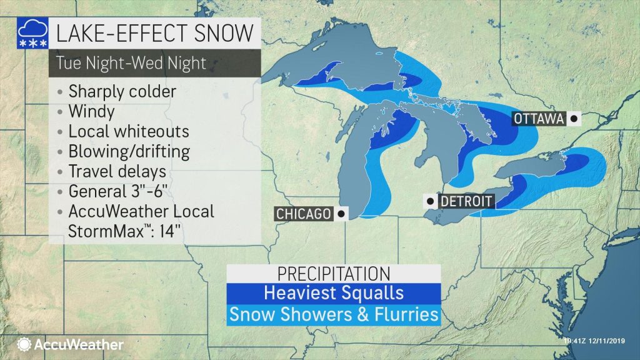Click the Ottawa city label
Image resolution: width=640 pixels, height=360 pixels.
[538, 118]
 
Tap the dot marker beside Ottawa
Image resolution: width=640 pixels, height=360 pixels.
[573, 117]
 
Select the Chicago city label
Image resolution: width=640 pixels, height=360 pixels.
[302, 214]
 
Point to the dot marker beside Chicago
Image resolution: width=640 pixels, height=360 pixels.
[341, 214]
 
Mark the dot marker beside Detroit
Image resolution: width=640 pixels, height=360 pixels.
[430, 201]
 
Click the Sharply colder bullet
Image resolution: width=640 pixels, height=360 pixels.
[122, 92]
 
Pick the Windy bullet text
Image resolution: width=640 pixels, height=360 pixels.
[92, 112]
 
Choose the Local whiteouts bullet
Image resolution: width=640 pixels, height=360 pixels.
[128, 132]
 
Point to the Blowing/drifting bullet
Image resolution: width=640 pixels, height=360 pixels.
[129, 152]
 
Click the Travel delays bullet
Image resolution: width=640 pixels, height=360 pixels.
[117, 171]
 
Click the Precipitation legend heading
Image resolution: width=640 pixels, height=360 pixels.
[334, 274]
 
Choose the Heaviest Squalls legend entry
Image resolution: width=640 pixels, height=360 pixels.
[334, 292]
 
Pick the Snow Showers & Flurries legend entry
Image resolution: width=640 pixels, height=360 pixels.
[334, 314]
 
